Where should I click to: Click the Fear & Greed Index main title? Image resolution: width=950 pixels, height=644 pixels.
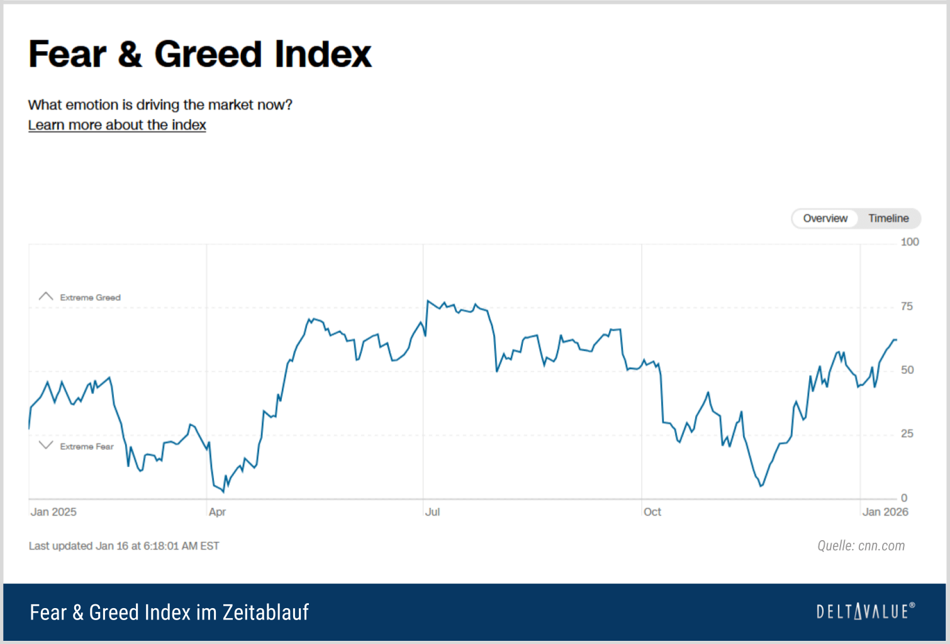200,54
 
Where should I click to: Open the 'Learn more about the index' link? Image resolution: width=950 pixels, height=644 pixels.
117,125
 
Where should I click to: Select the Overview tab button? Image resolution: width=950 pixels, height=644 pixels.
825,218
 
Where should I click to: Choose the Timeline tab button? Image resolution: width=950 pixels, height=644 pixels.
888,218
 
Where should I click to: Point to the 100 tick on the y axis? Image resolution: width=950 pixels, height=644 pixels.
910,242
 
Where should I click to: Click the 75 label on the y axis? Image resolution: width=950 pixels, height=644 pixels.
907,307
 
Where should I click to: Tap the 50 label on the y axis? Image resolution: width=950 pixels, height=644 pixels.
907,370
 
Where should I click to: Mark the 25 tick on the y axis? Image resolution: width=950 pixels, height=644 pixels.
907,434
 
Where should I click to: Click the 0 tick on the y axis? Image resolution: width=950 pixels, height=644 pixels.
904,498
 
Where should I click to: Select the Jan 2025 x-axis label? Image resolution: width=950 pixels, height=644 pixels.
53,512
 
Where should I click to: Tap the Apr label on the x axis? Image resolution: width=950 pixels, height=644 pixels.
217,512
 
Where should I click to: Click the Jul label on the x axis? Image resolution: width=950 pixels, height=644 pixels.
432,512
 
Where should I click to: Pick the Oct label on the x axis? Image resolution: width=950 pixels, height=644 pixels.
652,512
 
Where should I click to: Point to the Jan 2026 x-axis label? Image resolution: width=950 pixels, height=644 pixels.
885,512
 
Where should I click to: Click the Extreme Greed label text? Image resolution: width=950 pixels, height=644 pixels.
90,297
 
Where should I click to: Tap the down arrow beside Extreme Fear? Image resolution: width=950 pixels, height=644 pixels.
46,445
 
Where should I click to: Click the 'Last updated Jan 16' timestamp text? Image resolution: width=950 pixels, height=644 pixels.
124,546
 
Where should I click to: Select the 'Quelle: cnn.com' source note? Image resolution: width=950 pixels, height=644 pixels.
861,546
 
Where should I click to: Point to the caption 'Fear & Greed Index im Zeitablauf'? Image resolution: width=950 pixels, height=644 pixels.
169,612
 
